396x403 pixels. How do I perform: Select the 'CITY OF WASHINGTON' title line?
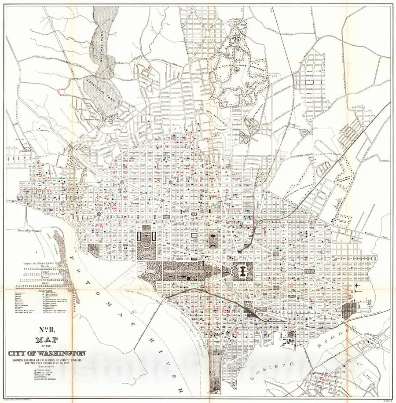(x=46, y=353)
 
